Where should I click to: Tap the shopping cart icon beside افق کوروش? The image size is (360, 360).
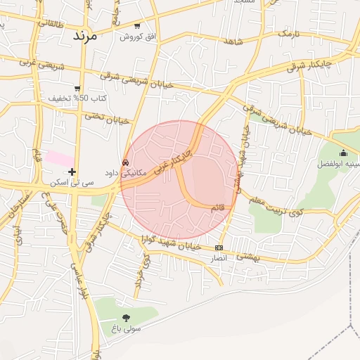coord(135,25)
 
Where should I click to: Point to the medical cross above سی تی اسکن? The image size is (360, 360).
coord(72,171)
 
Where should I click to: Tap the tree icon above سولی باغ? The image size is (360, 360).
coord(126,318)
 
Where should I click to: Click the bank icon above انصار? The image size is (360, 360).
coord(219,247)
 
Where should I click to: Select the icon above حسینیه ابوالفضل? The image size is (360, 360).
coord(343,153)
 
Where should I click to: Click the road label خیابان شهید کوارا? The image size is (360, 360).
coord(172,243)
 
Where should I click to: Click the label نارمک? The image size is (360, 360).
coord(293,32)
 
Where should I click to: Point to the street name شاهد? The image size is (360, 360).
coord(234,41)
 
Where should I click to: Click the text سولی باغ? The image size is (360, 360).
coord(127,329)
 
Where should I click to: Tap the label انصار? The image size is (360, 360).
coord(219,259)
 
